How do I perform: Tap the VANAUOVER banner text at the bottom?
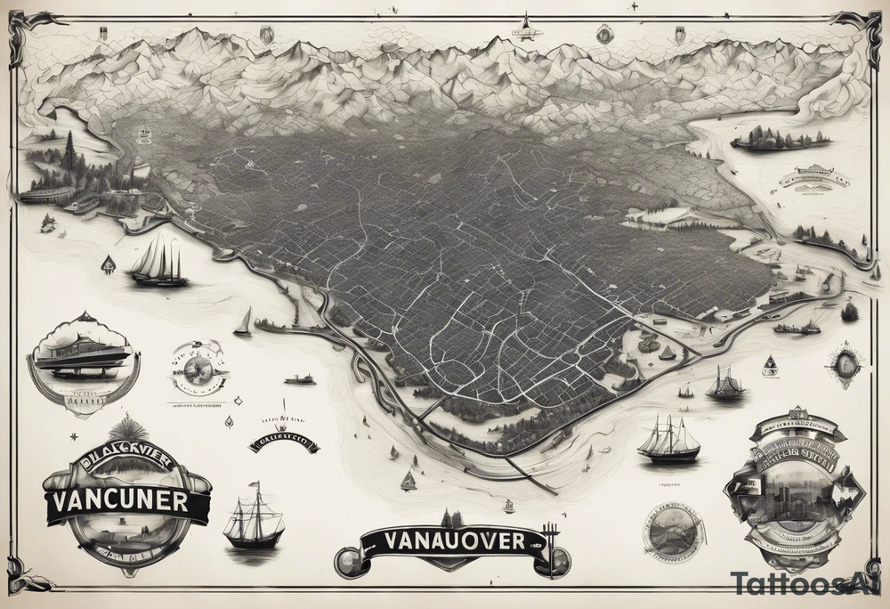pyautogui.click(x=443, y=540)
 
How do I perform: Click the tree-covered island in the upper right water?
pyautogui.click(x=779, y=139)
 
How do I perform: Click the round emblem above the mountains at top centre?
pyautogui.click(x=605, y=32)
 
